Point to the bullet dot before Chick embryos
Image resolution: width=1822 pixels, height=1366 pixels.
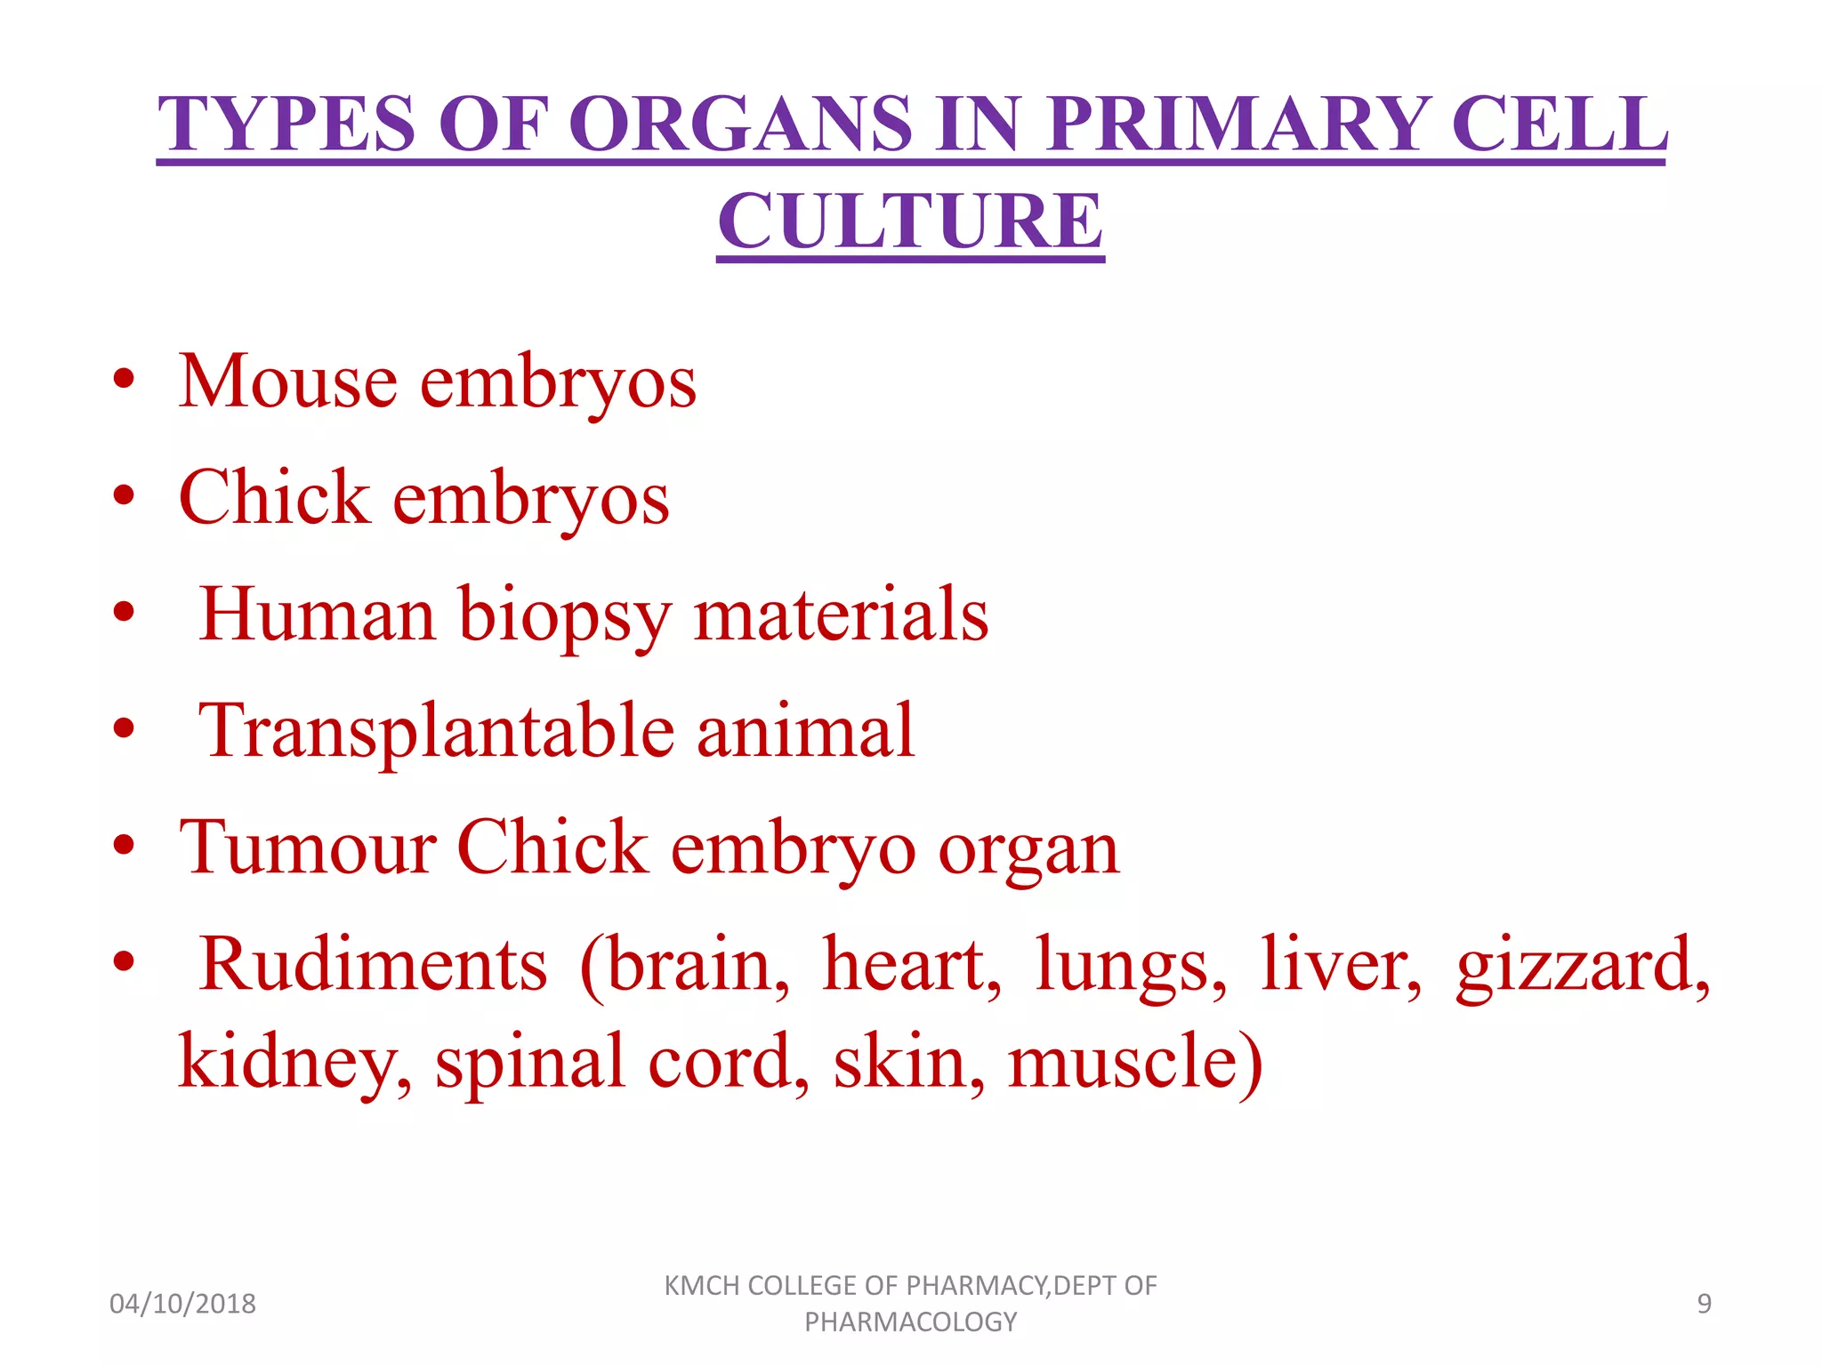(124, 495)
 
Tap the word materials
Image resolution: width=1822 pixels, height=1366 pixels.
(841, 614)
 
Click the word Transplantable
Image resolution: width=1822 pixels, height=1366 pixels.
(436, 731)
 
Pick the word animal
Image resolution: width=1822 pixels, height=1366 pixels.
(805, 731)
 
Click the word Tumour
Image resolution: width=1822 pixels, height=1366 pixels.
(307, 847)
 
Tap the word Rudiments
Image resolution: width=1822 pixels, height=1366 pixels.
(373, 964)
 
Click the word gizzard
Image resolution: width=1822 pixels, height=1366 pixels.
(1583, 966)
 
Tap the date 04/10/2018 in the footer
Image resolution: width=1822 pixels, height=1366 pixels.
(182, 1304)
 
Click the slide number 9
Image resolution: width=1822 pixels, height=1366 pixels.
(1704, 1304)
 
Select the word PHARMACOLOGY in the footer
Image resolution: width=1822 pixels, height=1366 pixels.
(910, 1322)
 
